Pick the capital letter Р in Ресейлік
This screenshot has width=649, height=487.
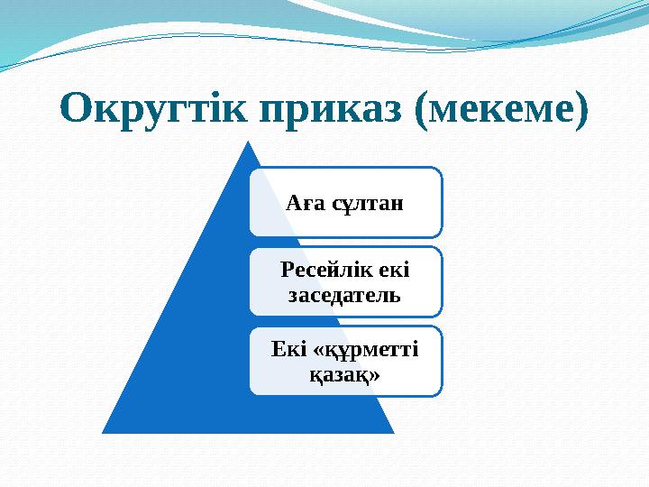[x=286, y=269]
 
